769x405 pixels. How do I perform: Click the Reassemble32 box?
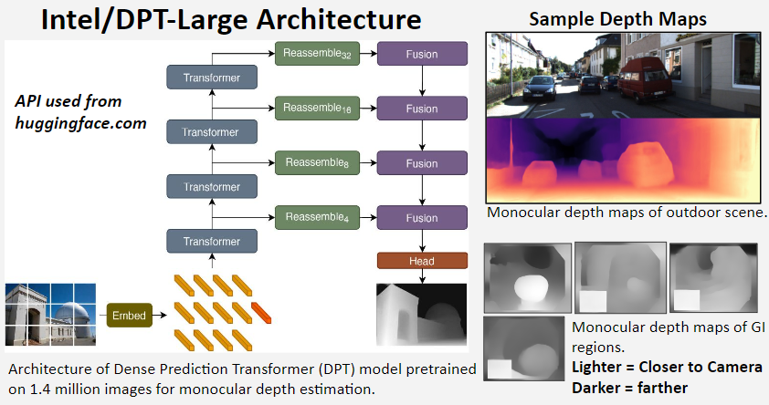[x=317, y=54]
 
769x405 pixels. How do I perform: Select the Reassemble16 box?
[x=317, y=109]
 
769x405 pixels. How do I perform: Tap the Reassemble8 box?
[x=317, y=163]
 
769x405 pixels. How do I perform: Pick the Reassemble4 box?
[x=317, y=218]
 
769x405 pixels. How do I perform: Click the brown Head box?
[x=422, y=261]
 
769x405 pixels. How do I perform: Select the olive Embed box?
[x=130, y=316]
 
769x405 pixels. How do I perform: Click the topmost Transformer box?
[x=212, y=78]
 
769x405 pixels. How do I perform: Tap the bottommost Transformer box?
[x=212, y=241]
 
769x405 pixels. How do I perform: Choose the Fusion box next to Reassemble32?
[x=422, y=54]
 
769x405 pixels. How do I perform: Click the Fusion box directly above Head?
[x=422, y=218]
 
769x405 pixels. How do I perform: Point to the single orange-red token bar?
[x=261, y=313]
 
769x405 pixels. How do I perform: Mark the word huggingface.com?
[x=81, y=123]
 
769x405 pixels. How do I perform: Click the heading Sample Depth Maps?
[x=618, y=19]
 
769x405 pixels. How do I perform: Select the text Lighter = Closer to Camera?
[x=667, y=368]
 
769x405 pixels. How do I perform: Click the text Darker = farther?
[x=629, y=388]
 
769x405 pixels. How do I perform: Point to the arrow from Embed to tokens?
[x=160, y=316]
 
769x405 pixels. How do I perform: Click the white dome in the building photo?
[x=71, y=315]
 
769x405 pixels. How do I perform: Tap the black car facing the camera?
[x=540, y=88]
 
